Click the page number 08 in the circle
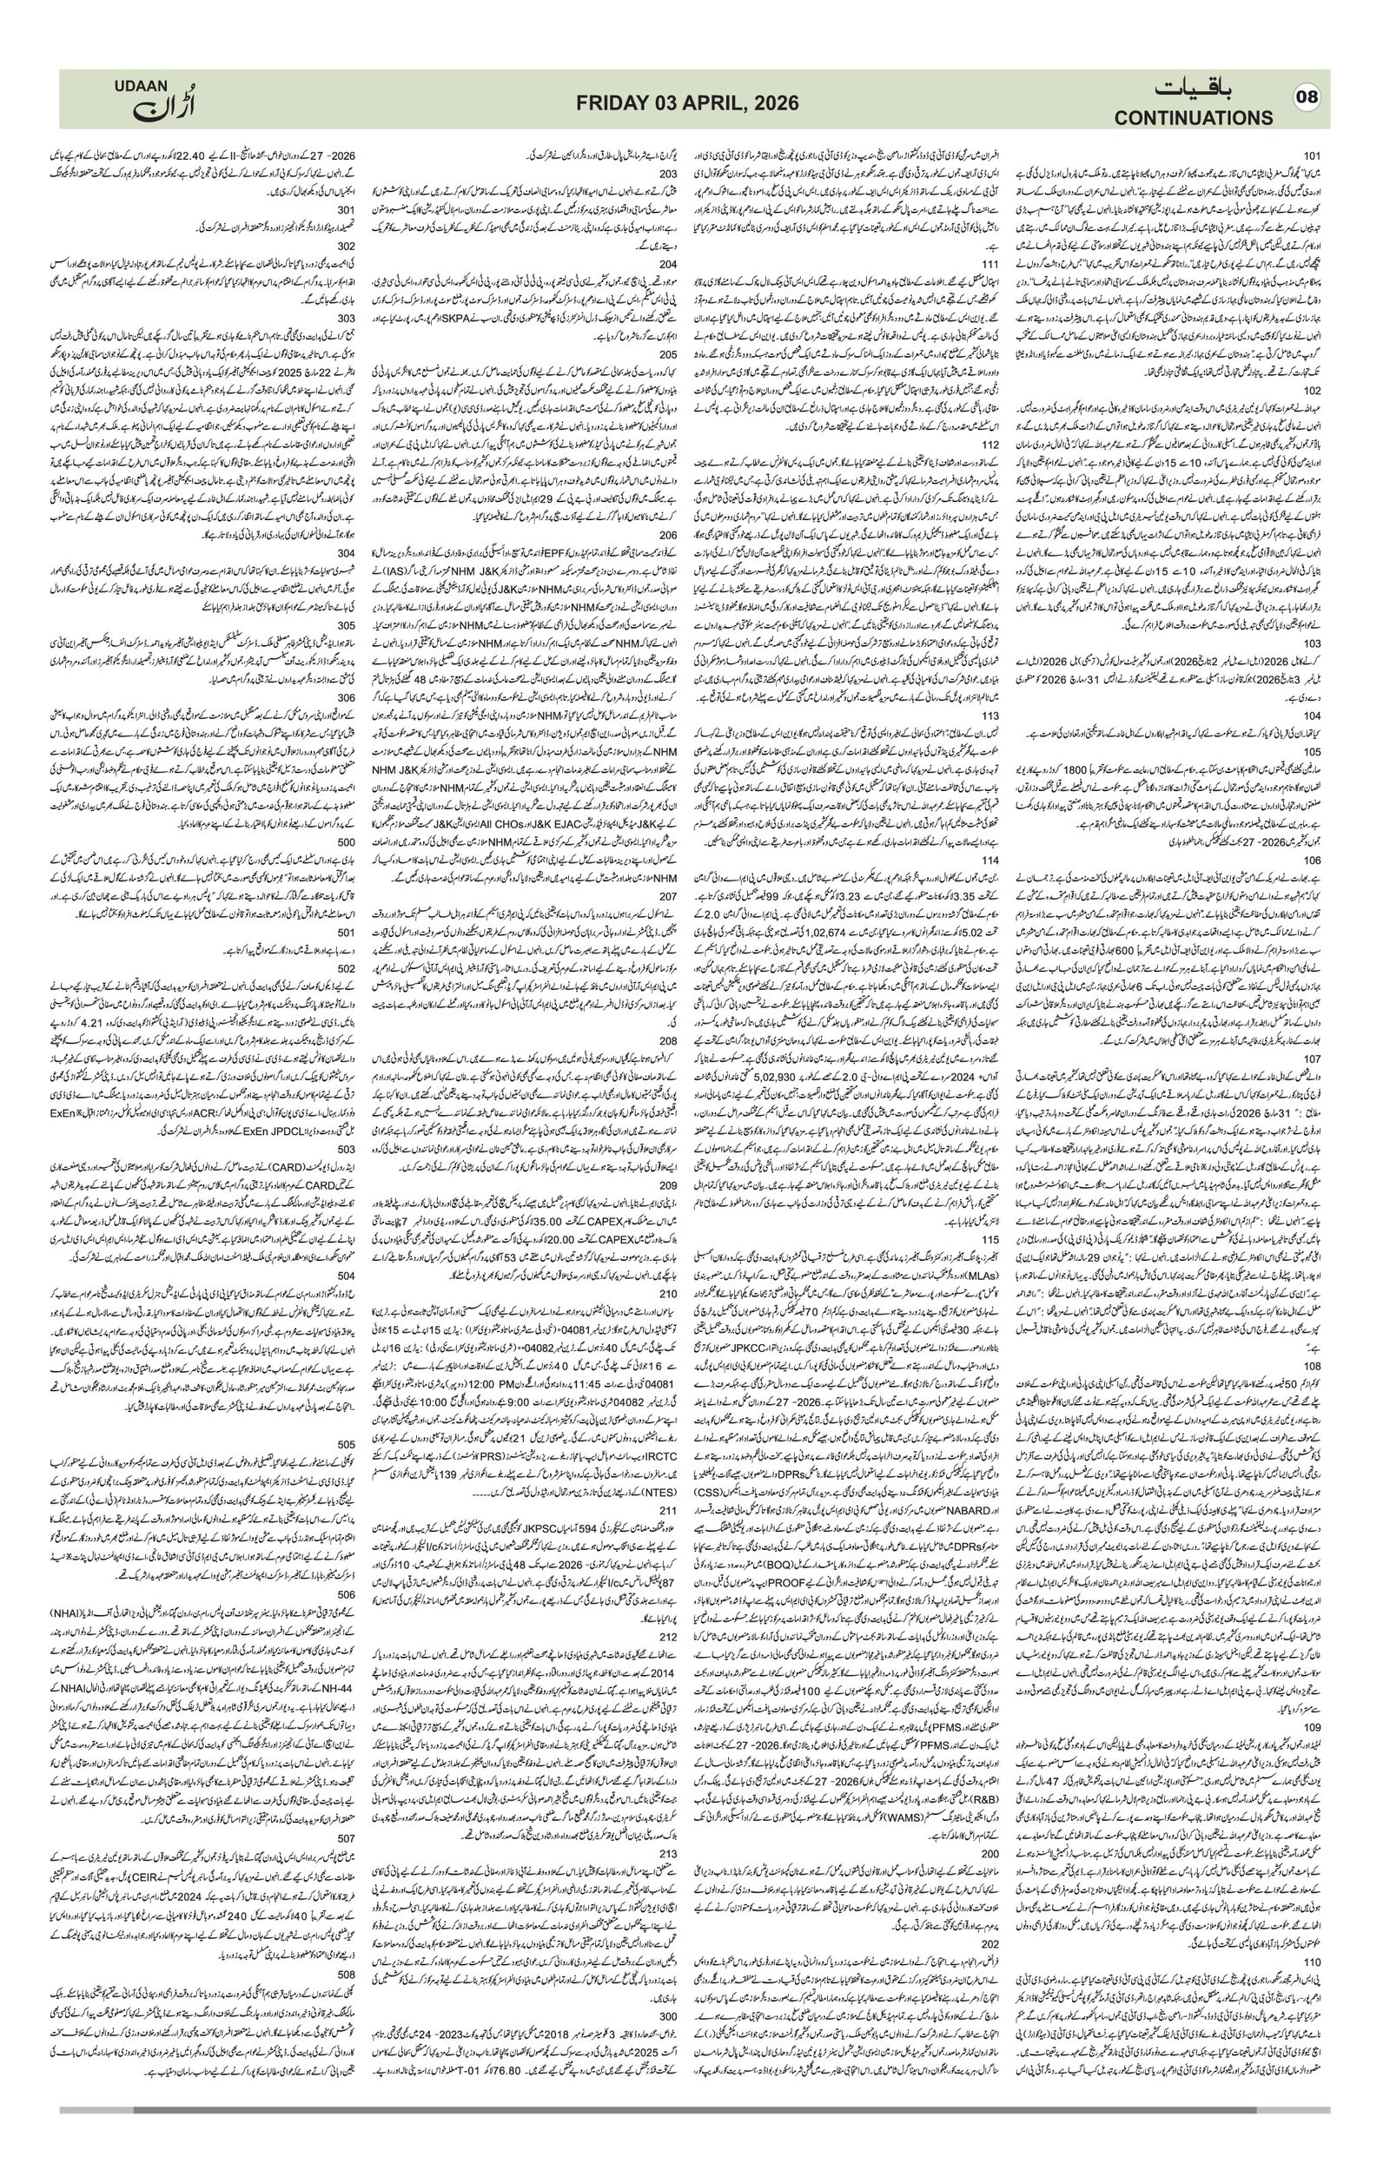point(1307,98)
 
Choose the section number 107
point(1310,1058)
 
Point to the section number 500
point(347,842)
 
